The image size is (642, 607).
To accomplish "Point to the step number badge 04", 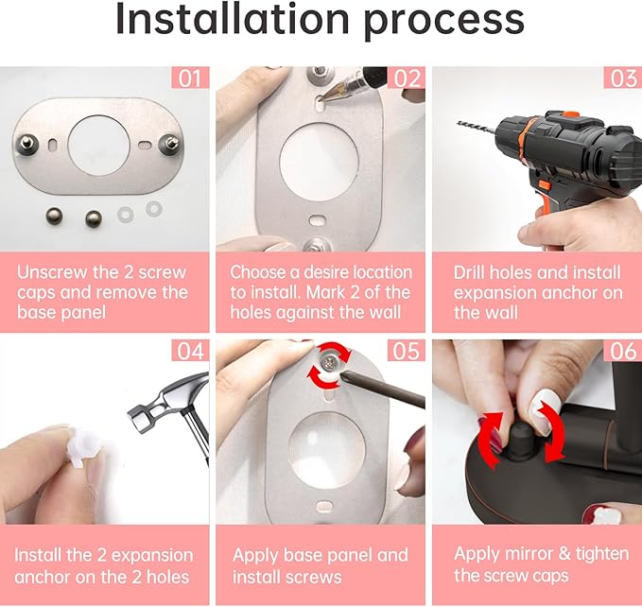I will point(191,352).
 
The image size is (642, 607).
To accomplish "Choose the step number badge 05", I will point(407,352).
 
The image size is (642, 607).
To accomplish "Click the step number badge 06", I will point(622,352).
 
